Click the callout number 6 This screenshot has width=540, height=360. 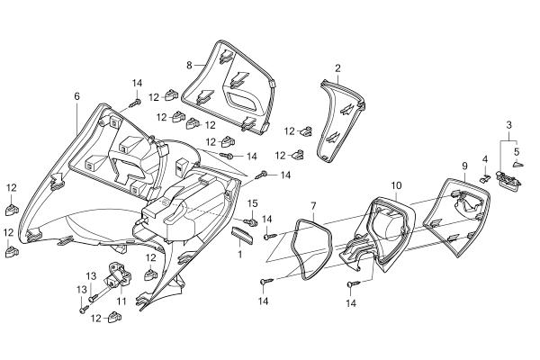click(76, 96)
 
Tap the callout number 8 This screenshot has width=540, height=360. click(189, 65)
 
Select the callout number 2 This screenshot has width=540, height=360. click(337, 67)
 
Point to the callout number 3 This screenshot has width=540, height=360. click(508, 125)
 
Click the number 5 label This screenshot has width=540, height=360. click(517, 151)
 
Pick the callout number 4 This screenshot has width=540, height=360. click(485, 159)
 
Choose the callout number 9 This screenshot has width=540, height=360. click(464, 166)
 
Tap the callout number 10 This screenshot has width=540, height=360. click(396, 185)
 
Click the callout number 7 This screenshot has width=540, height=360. click(313, 206)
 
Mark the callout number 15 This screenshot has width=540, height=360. click(252, 203)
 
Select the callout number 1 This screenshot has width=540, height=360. click(239, 254)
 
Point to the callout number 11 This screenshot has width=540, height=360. click(121, 301)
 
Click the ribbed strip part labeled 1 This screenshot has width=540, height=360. click(242, 235)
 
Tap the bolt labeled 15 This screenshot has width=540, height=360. click(250, 221)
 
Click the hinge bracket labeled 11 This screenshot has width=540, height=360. click(120, 274)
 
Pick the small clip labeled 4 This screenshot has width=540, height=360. click(485, 178)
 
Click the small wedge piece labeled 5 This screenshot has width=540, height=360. click(518, 165)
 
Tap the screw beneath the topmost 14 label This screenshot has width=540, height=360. click(135, 103)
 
